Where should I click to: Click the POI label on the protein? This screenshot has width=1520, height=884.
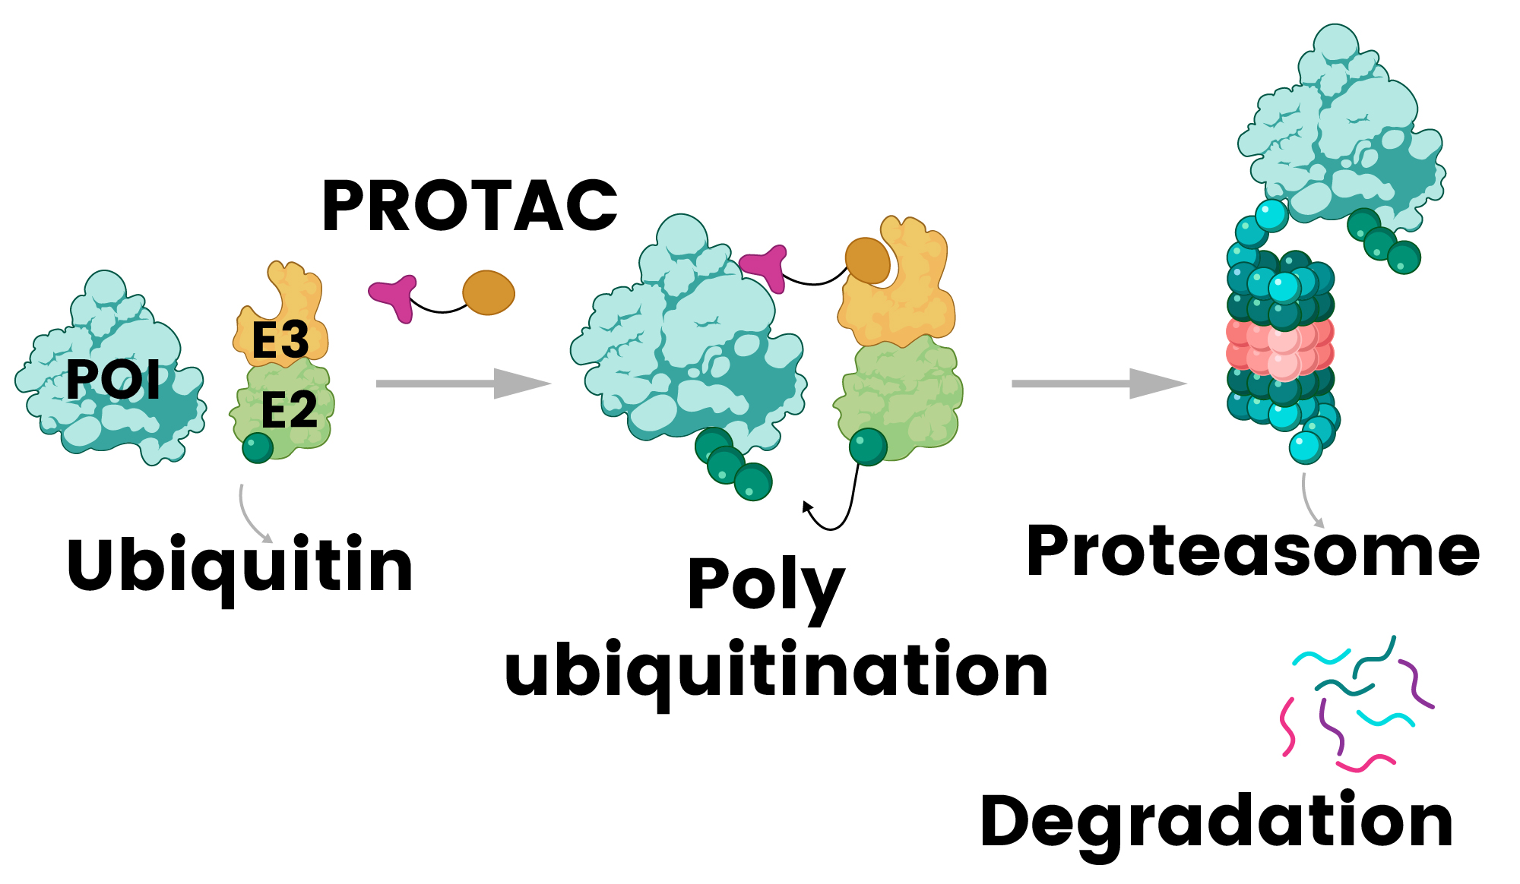pos(113,379)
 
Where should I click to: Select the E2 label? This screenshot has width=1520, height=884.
pos(289,410)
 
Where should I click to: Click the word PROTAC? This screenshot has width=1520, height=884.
pos(470,206)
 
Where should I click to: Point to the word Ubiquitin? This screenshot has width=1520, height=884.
pos(239,566)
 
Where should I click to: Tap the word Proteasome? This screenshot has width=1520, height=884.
pos(1252,552)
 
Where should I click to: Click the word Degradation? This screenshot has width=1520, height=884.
pos(1216,823)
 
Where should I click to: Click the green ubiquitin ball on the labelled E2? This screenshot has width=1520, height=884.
pos(258,447)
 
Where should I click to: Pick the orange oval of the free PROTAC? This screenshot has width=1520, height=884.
pos(489,292)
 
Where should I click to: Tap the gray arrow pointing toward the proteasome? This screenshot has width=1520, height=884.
pos(1097,384)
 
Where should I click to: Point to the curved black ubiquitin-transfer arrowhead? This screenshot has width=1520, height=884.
pos(808,507)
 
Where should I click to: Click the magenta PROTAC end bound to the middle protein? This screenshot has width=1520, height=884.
pos(765,267)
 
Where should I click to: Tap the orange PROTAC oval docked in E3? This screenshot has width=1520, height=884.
pos(867,260)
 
